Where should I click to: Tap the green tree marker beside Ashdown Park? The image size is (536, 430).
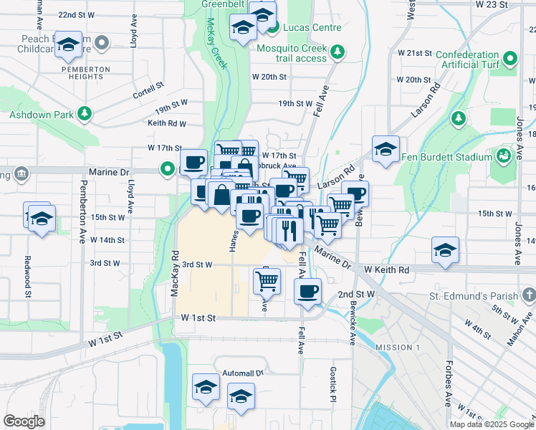click(85, 113)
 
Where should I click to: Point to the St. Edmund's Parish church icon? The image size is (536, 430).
click(528, 295)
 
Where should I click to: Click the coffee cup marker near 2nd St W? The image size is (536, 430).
click(308, 290)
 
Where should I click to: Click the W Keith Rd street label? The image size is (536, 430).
click(386, 270)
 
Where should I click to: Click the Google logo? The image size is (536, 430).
click(24, 421)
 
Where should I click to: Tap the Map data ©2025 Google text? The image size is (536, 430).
click(492, 424)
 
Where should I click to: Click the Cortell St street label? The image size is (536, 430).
click(148, 95)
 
